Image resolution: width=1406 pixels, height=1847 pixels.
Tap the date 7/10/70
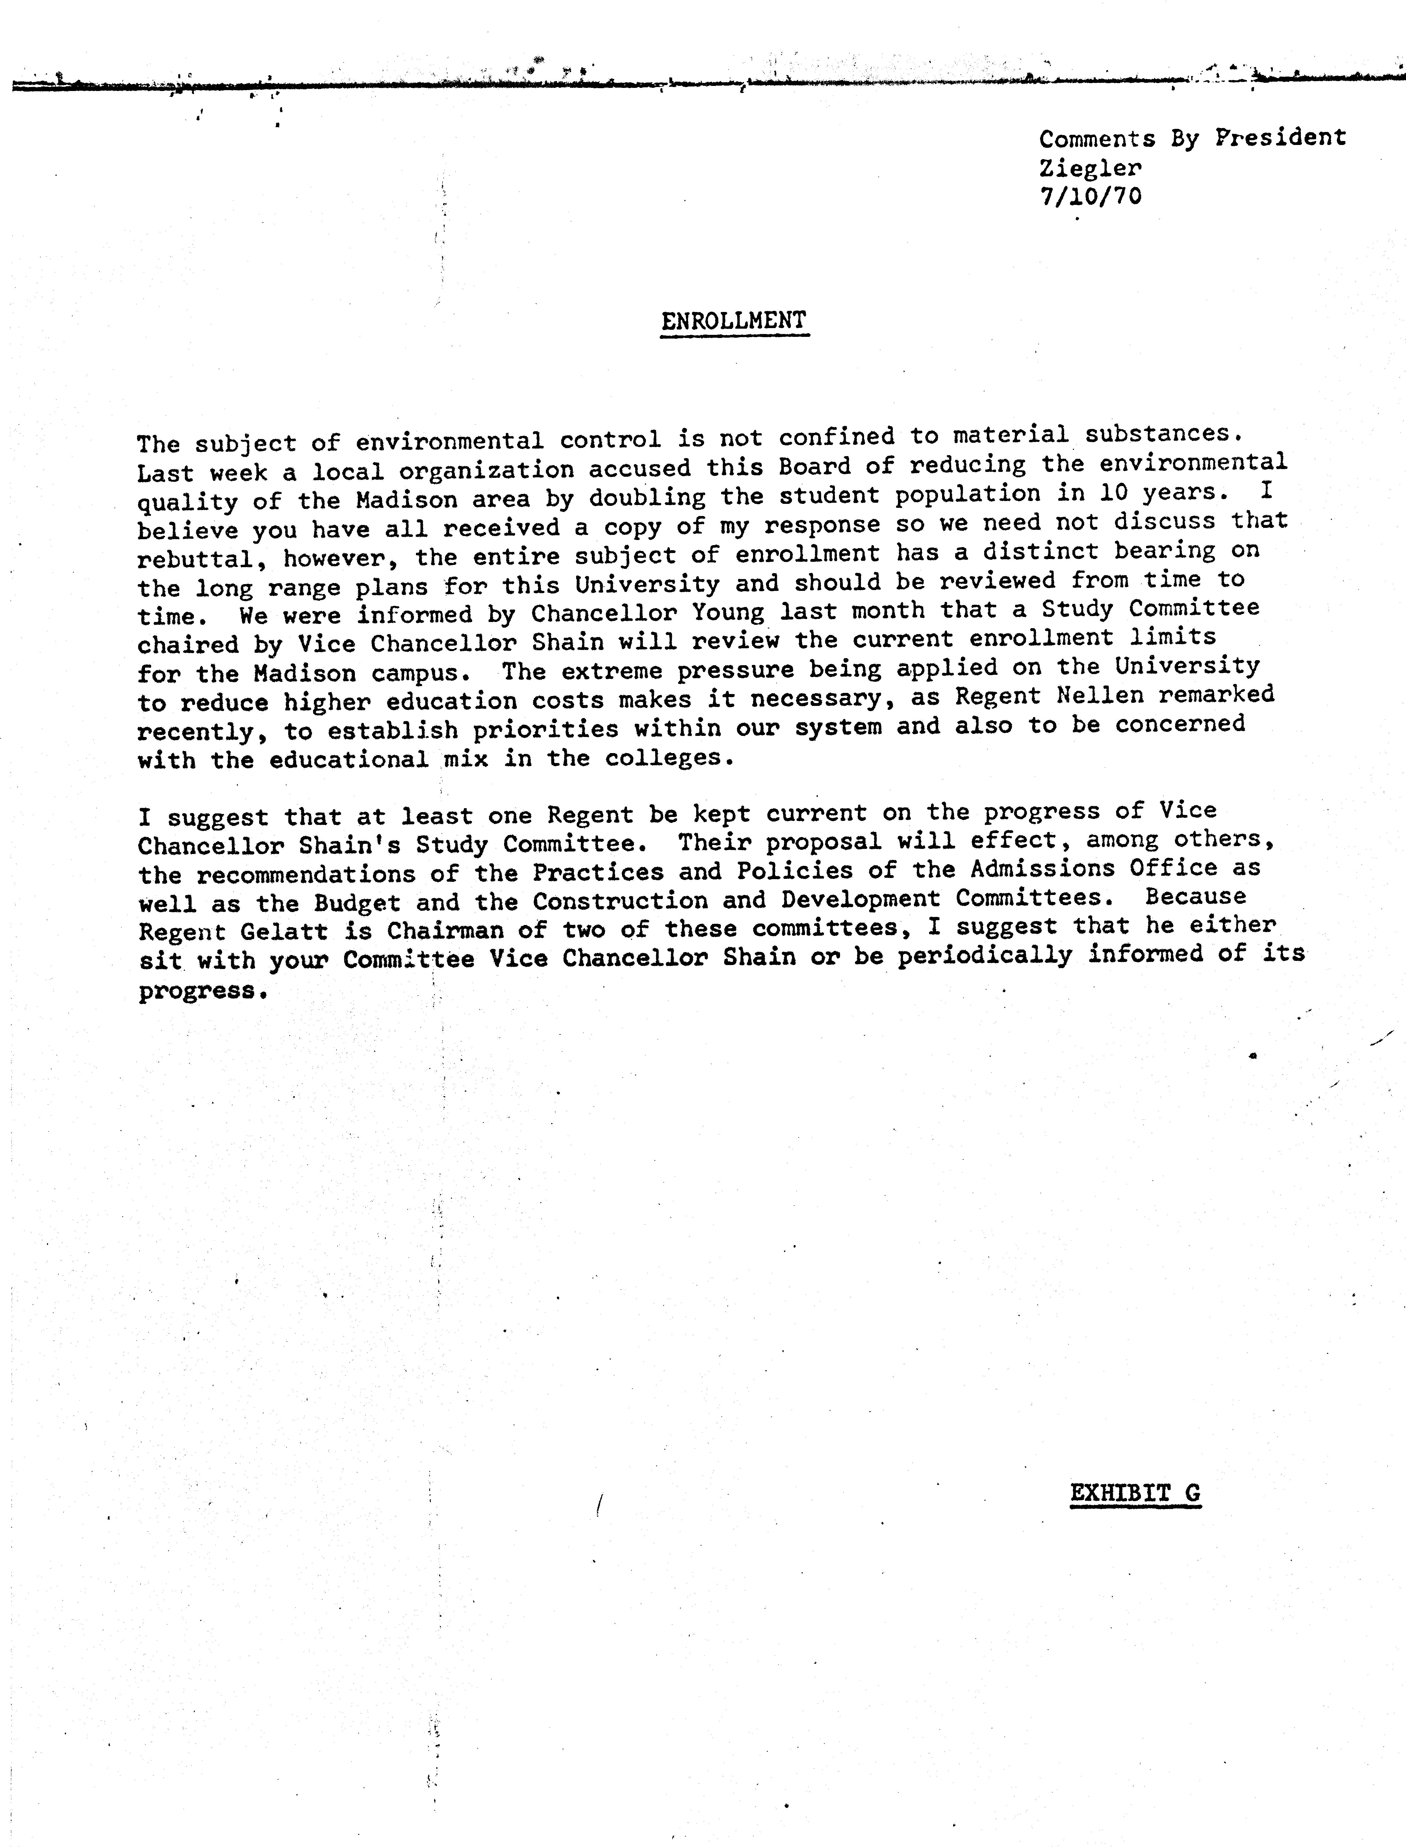click(1090, 197)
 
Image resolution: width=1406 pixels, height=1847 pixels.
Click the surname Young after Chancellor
click(728, 613)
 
